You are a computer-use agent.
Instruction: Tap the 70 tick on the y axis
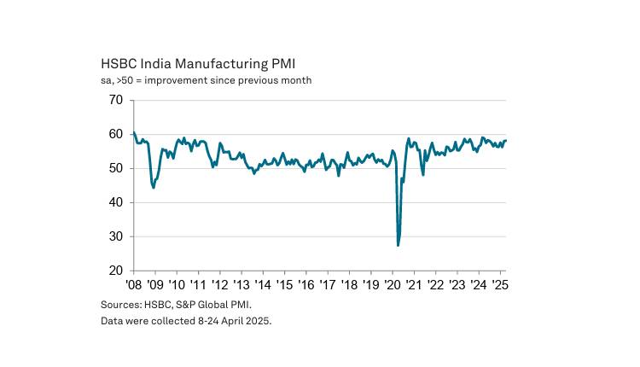click(x=115, y=100)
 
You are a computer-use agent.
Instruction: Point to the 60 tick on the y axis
click(x=115, y=134)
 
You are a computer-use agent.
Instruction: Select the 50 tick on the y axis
click(x=115, y=168)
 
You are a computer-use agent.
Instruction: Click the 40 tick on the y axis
click(x=115, y=202)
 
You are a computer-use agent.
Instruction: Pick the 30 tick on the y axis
click(x=115, y=236)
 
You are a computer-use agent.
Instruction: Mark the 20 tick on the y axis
click(x=115, y=271)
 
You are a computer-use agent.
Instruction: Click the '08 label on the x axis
click(x=134, y=285)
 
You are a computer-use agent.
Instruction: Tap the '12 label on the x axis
click(x=219, y=285)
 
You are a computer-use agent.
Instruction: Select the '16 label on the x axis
click(x=305, y=285)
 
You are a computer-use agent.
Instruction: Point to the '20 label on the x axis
click(x=392, y=285)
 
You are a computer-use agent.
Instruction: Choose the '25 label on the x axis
click(x=498, y=285)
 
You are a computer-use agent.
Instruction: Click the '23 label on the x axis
click(x=456, y=285)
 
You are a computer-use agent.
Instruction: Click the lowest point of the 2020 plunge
click(x=399, y=246)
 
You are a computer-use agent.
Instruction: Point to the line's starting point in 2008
click(x=134, y=132)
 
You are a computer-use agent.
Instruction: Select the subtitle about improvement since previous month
click(x=206, y=80)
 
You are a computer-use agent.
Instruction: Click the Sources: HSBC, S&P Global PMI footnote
click(x=177, y=304)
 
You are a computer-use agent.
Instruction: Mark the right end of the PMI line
click(x=506, y=141)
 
